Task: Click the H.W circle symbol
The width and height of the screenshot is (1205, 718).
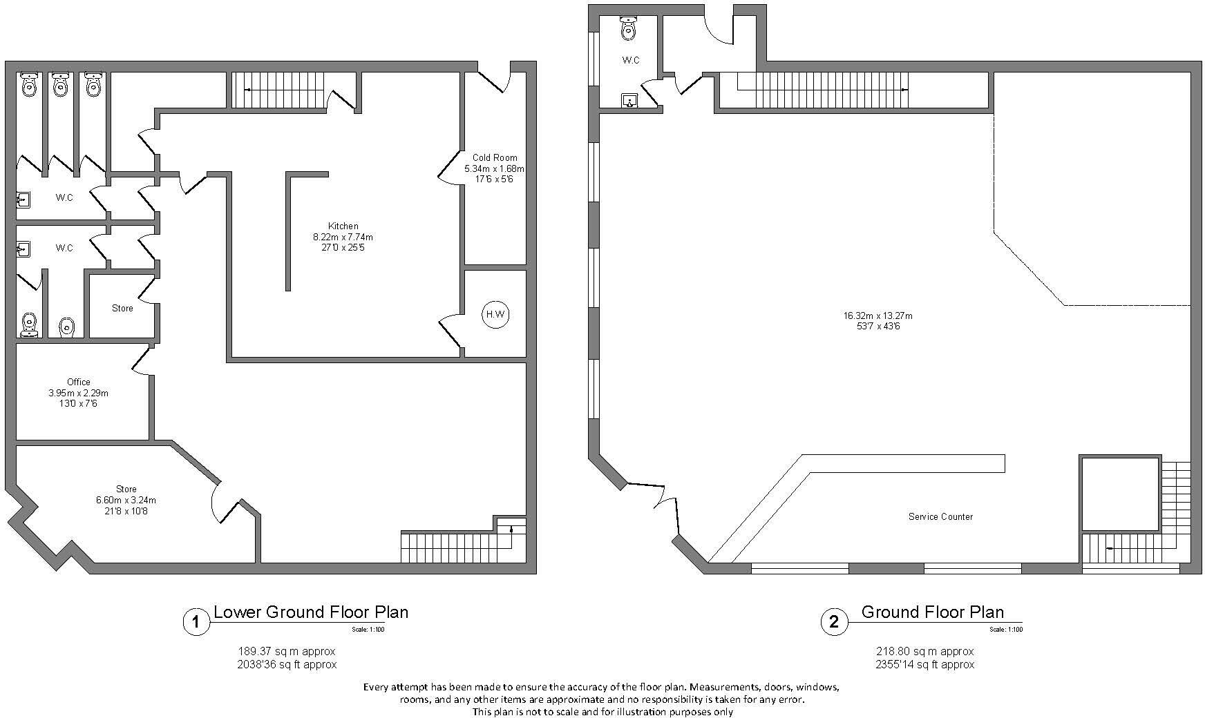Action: (495, 315)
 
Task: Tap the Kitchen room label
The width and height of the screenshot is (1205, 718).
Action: (343, 226)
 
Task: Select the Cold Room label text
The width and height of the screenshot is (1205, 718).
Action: (495, 157)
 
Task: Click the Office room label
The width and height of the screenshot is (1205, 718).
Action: (79, 382)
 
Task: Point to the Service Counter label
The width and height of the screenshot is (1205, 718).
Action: (940, 516)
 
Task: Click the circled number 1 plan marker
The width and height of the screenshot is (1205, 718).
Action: (196, 622)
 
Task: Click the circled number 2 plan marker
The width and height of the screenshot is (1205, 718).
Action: (834, 622)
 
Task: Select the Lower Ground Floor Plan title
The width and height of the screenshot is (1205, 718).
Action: (310, 612)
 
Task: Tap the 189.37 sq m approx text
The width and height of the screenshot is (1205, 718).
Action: (287, 651)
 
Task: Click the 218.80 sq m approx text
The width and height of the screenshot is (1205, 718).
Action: (925, 651)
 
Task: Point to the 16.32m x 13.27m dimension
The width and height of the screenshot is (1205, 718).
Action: (877, 316)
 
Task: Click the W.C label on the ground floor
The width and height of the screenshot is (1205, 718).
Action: (630, 60)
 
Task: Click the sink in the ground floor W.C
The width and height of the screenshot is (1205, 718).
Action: (629, 101)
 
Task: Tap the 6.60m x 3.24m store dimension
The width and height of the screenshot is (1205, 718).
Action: (126, 500)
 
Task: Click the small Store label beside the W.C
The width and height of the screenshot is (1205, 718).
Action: (122, 308)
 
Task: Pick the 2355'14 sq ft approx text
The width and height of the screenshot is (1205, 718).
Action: (925, 664)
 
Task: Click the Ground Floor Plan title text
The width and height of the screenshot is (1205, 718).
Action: (932, 612)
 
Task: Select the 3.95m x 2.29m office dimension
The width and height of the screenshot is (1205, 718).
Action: (78, 393)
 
